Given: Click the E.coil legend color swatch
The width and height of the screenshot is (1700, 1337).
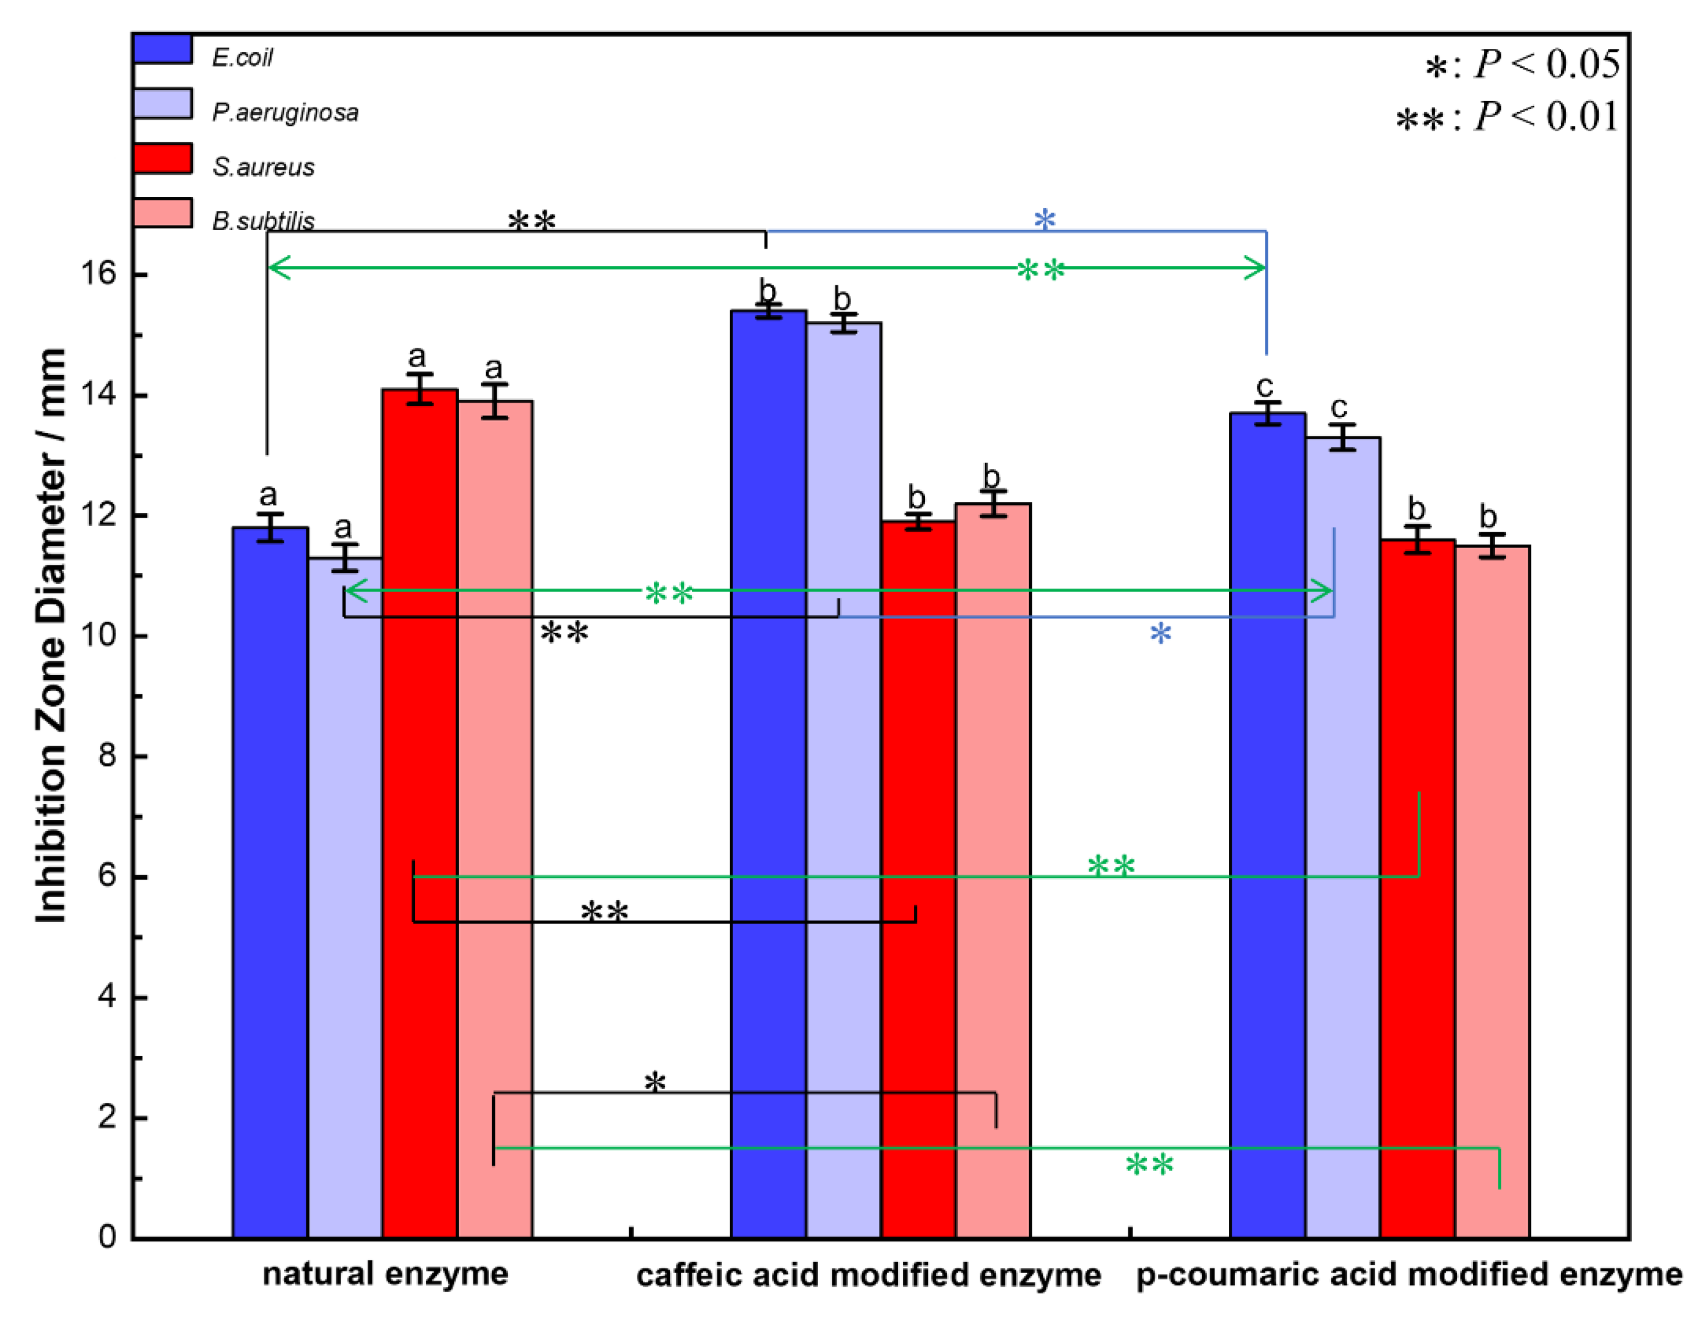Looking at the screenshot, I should tap(162, 49).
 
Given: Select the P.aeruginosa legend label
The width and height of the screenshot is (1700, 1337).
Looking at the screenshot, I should tap(285, 113).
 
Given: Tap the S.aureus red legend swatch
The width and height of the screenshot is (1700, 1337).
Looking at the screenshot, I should tap(162, 158).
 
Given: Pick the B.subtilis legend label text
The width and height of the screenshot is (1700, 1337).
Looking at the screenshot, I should tap(263, 221).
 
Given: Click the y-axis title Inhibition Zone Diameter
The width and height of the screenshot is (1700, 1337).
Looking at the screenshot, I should tap(51, 634).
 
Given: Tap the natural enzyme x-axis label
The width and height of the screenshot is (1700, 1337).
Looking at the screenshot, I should tap(385, 1274).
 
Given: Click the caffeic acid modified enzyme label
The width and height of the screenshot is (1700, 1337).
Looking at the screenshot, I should tap(868, 1275).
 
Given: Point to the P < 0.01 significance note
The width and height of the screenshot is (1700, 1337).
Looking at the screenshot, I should tap(1507, 117).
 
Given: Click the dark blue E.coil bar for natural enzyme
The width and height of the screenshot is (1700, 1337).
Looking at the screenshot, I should tap(270, 884).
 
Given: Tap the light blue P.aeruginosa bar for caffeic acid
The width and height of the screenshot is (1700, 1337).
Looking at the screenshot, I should tap(843, 783).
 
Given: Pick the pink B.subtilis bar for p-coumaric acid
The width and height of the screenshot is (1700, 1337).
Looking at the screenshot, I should tap(1492, 892).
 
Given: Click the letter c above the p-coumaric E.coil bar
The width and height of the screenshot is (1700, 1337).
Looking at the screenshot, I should tap(1265, 386).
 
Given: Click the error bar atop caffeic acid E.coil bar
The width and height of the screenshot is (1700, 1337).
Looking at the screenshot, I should tap(768, 311).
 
